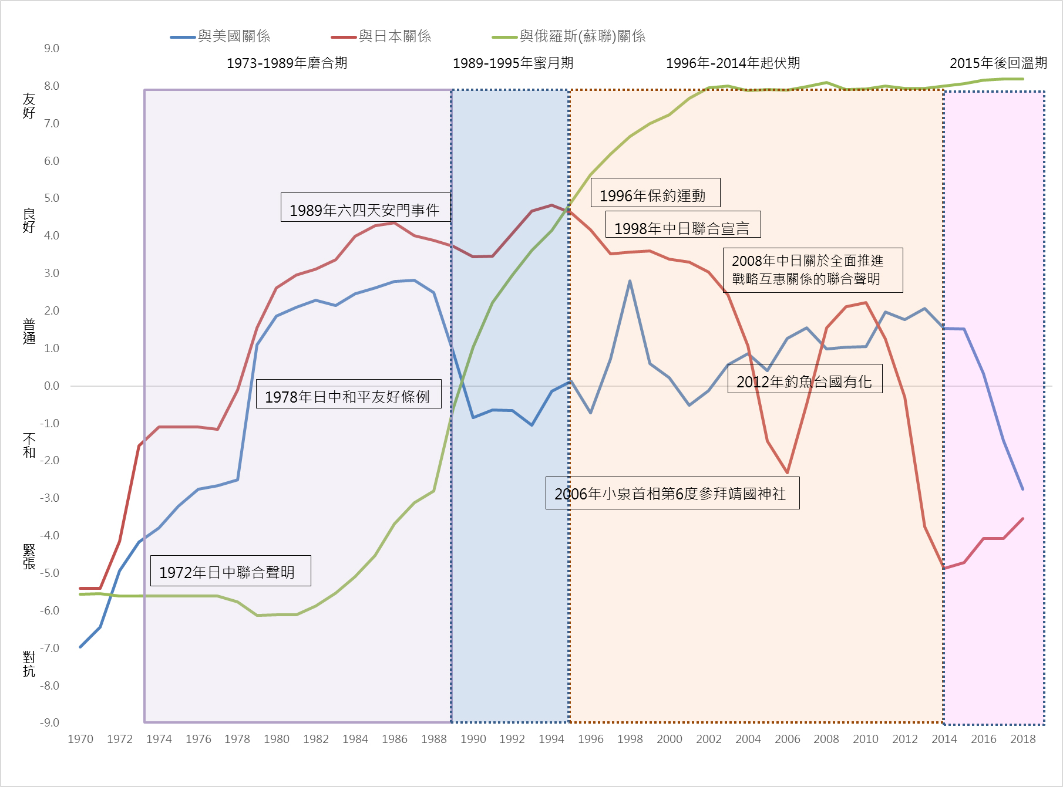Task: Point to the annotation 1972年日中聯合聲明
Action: click(x=230, y=571)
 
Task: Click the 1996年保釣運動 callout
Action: click(x=655, y=194)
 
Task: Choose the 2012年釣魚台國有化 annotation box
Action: click(x=805, y=380)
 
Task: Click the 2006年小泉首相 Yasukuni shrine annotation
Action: click(x=672, y=494)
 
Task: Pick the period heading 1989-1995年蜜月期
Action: click(x=513, y=63)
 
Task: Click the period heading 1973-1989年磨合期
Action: click(x=287, y=63)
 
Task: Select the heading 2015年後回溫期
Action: click(x=998, y=63)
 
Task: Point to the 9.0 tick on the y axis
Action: click(x=52, y=48)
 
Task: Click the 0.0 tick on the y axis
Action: click(x=52, y=386)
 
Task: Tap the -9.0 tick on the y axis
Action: click(x=50, y=722)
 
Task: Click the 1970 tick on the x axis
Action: click(x=80, y=739)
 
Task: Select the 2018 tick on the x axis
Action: click(x=1022, y=739)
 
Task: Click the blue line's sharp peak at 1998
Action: click(x=630, y=281)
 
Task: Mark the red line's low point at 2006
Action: click(x=787, y=472)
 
